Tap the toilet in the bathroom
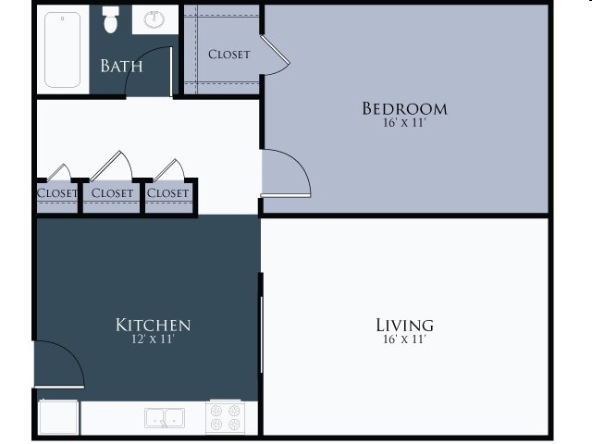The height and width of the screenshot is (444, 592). [x=112, y=20]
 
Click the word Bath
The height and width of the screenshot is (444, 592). [x=121, y=66]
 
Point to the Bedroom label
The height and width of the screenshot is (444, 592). [x=404, y=108]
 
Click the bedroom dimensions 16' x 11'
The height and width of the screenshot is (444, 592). [x=404, y=123]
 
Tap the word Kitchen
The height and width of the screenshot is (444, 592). [x=153, y=325]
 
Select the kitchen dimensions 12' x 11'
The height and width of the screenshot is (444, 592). [x=153, y=339]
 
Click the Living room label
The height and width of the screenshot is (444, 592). [x=404, y=325]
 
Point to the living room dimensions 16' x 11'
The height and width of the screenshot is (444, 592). [x=404, y=339]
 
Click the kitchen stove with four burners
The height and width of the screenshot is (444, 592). [x=225, y=416]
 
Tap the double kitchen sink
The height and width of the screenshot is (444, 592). [x=165, y=417]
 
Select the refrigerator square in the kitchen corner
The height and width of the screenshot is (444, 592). [x=58, y=417]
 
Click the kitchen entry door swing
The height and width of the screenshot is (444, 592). [x=59, y=363]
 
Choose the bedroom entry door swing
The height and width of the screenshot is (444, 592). [x=285, y=173]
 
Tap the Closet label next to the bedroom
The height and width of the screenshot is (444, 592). [x=228, y=54]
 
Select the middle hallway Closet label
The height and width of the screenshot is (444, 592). [x=113, y=193]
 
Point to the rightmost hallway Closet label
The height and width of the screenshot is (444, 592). [x=167, y=193]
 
